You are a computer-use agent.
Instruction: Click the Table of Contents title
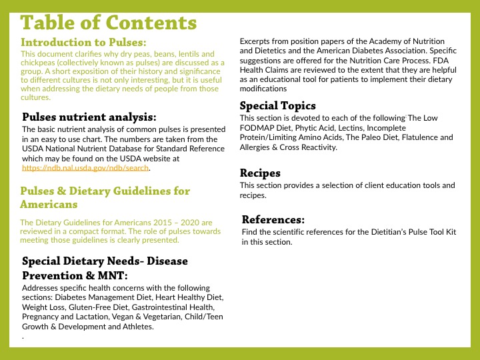109,23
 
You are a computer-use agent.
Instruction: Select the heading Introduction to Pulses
84,42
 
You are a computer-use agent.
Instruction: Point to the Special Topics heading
277,105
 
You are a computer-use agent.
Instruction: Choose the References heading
273,219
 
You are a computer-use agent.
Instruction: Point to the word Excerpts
256,41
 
